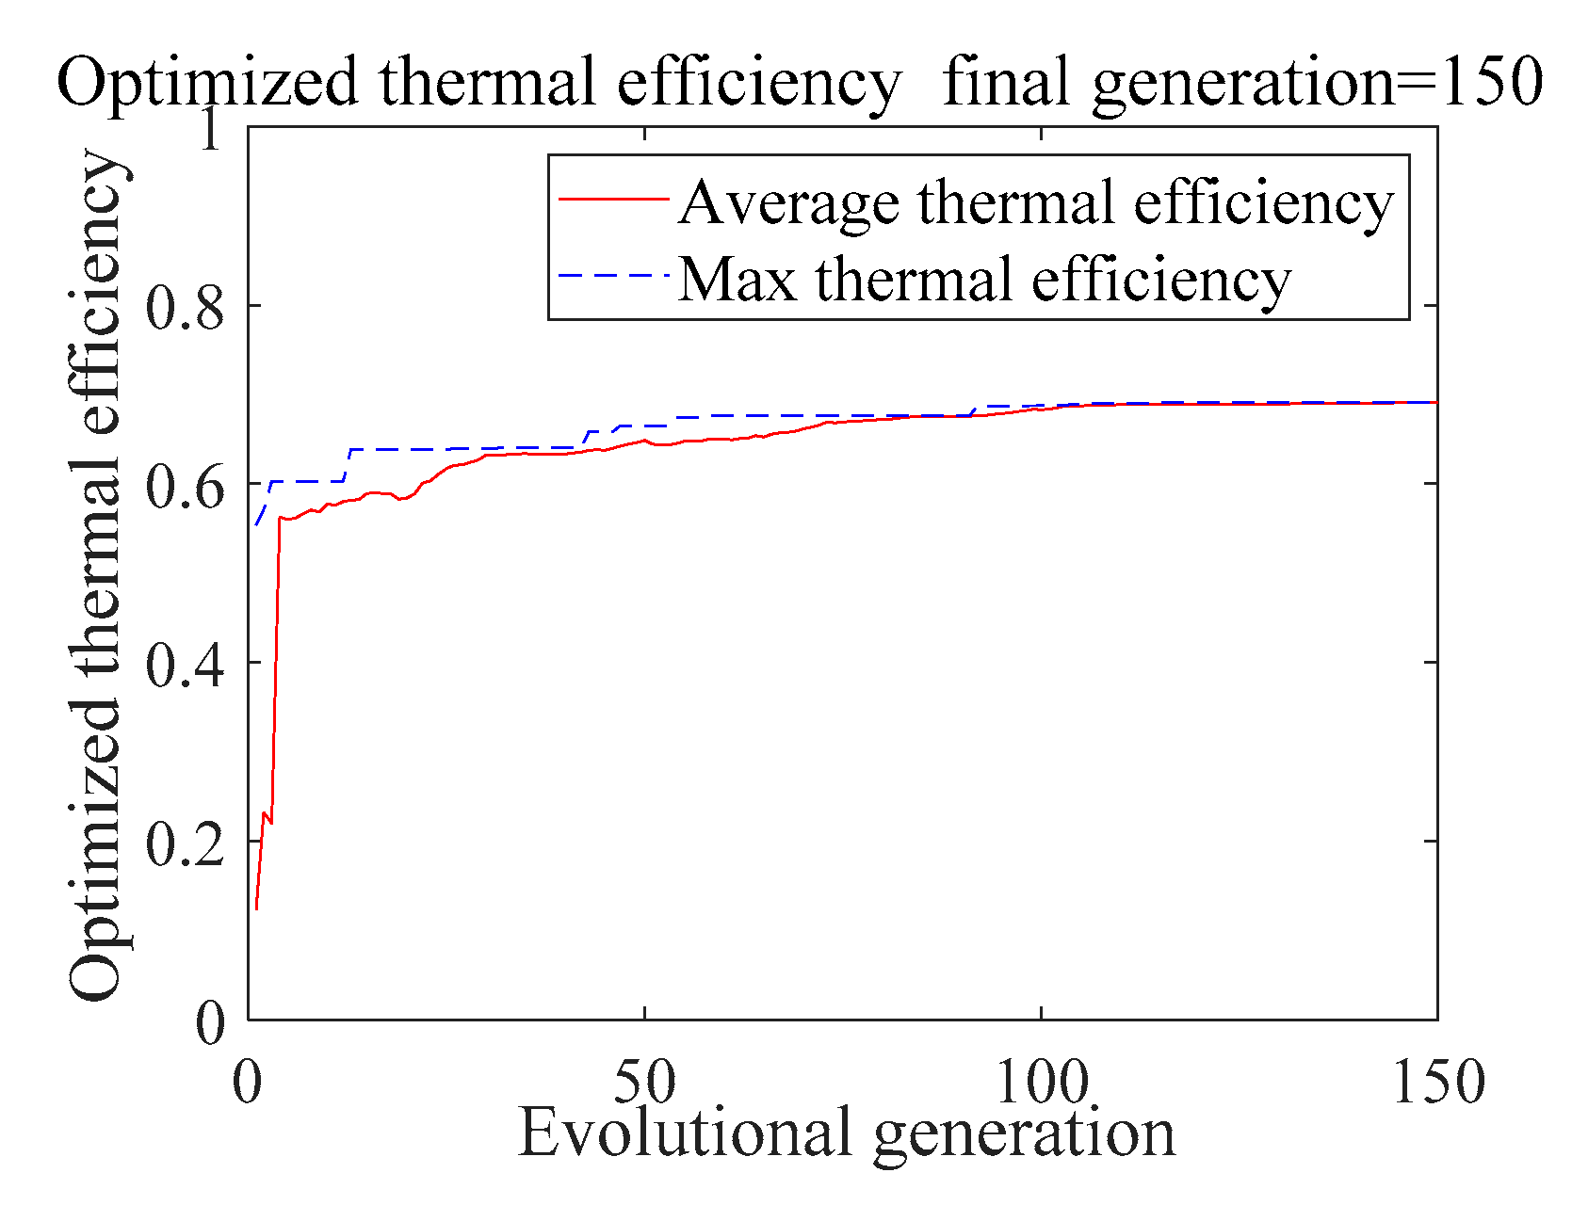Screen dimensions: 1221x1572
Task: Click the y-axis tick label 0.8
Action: (x=185, y=307)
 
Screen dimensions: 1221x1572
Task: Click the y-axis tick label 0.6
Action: (x=185, y=486)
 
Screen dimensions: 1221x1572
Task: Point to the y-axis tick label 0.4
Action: (x=185, y=665)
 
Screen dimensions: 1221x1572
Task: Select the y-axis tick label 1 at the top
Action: (x=209, y=128)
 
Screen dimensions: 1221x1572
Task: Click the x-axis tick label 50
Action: (x=644, y=1083)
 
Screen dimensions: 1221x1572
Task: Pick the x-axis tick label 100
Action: (x=1042, y=1083)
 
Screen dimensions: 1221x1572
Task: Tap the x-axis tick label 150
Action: (x=1437, y=1083)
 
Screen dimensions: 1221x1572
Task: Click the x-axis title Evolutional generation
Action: (x=846, y=1133)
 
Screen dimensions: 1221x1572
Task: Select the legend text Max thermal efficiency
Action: (x=983, y=280)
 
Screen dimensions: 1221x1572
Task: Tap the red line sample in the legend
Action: (x=613, y=199)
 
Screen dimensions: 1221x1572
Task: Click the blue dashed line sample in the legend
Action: (x=613, y=276)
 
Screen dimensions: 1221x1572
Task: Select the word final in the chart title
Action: (x=1010, y=82)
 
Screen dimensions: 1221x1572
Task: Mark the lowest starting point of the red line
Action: (x=256, y=908)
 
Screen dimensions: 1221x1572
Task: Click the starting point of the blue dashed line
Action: (x=256, y=524)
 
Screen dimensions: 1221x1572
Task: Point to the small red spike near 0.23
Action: (x=265, y=813)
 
